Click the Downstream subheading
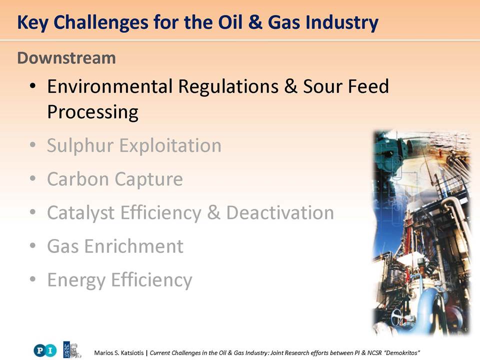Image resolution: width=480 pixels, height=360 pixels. coord(66,58)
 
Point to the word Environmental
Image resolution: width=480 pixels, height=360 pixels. coord(110,86)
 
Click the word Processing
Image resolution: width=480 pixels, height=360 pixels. coord(93,112)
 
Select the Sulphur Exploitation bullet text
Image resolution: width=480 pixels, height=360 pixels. coord(134,145)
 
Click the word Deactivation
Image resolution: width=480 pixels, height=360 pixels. coord(280,212)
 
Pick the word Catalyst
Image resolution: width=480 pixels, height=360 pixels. coord(81,213)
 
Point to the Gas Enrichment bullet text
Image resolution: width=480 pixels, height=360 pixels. coord(115,246)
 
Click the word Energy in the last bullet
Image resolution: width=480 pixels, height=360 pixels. coord(76,280)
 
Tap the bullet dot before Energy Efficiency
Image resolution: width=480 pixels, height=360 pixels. coord(33,279)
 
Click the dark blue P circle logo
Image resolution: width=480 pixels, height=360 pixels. coord(39,350)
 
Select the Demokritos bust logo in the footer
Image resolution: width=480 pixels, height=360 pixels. coord(72,350)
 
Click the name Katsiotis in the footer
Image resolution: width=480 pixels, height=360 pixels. coord(132,352)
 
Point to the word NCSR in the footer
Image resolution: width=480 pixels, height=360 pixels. coord(374,352)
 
